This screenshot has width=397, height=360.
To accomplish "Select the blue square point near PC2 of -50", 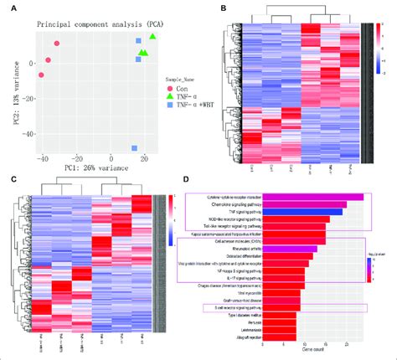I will click(x=135, y=148).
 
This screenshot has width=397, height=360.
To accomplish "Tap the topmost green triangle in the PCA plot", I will click(x=152, y=38).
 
